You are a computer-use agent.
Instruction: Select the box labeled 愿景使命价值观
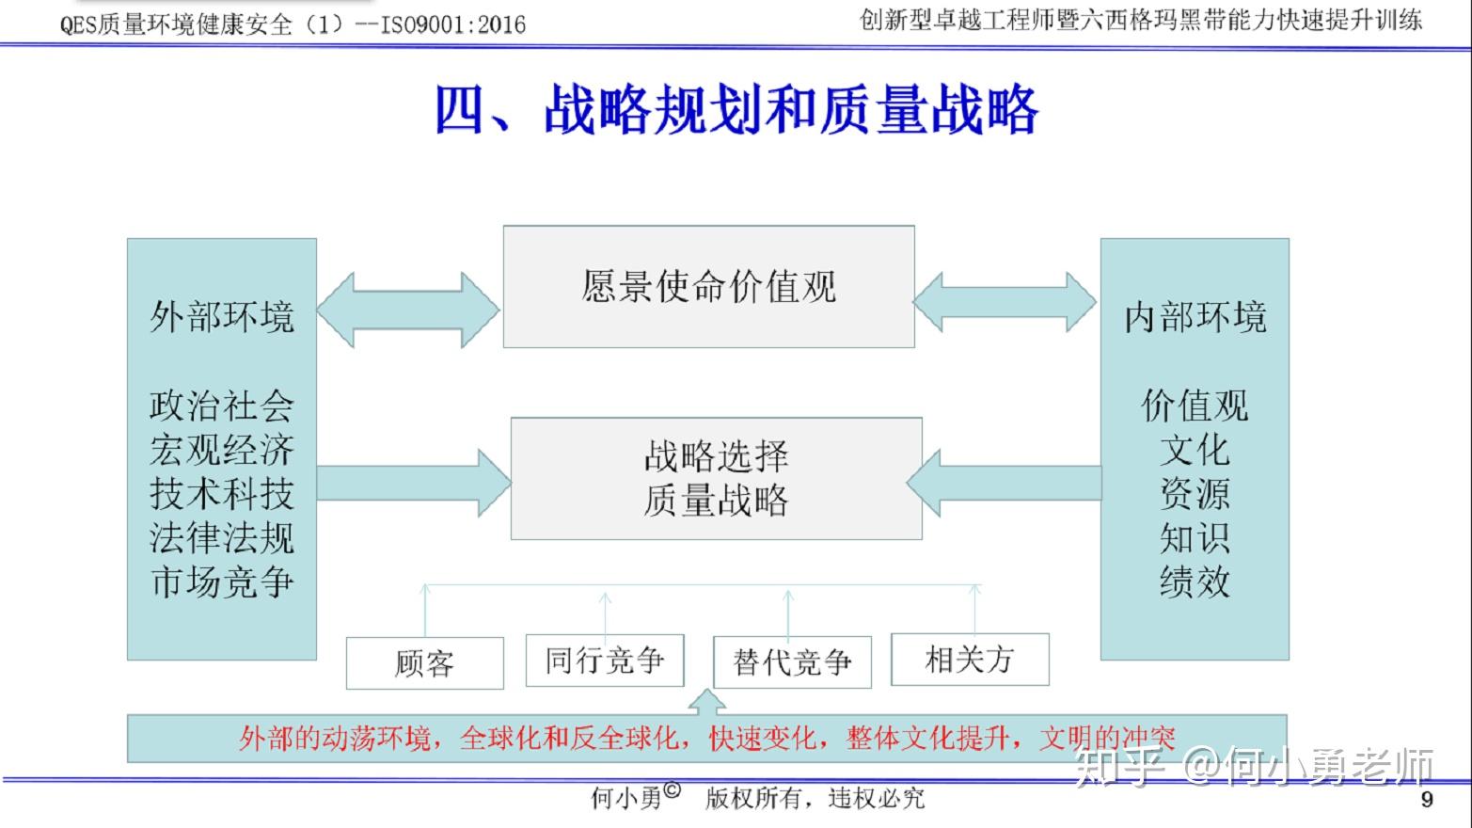click(709, 287)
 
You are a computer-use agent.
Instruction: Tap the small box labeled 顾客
click(424, 663)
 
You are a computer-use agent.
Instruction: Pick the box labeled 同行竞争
click(605, 661)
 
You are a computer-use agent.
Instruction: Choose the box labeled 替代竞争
click(793, 662)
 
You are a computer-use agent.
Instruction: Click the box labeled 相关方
click(970, 660)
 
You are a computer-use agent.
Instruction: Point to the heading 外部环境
click(221, 317)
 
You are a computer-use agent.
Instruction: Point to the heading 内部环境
click(1195, 317)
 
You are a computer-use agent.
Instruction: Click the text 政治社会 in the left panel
click(221, 406)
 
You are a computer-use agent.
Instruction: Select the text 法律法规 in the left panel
click(221, 538)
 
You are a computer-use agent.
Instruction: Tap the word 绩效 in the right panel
click(1195, 582)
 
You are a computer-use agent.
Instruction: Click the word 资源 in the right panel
click(1195, 494)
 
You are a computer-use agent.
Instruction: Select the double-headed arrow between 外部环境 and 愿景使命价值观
click(408, 310)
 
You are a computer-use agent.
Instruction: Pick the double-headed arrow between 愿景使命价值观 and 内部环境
click(1005, 302)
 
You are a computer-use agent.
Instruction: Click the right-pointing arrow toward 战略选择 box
click(414, 483)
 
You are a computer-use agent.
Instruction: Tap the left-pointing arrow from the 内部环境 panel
click(1005, 483)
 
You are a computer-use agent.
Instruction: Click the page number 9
click(1427, 800)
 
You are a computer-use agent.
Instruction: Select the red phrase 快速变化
click(762, 739)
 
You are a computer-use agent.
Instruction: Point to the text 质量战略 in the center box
click(716, 501)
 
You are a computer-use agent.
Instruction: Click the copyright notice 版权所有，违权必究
click(815, 799)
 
